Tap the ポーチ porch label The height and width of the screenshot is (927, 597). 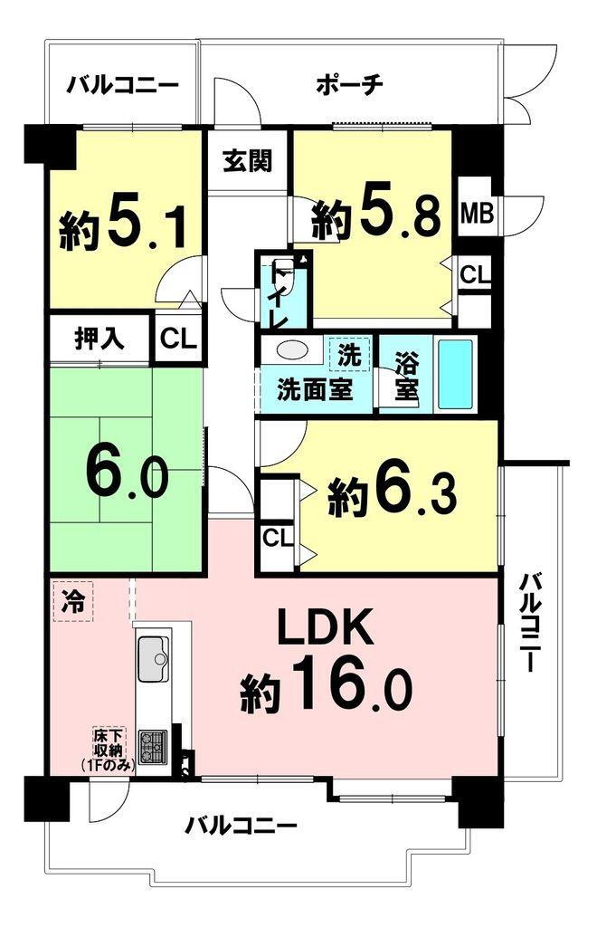[351, 85]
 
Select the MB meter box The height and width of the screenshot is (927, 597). [471, 215]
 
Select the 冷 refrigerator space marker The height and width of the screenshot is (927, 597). [72, 600]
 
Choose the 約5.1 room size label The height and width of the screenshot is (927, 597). [124, 226]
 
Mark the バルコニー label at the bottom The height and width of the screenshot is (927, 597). [242, 826]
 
